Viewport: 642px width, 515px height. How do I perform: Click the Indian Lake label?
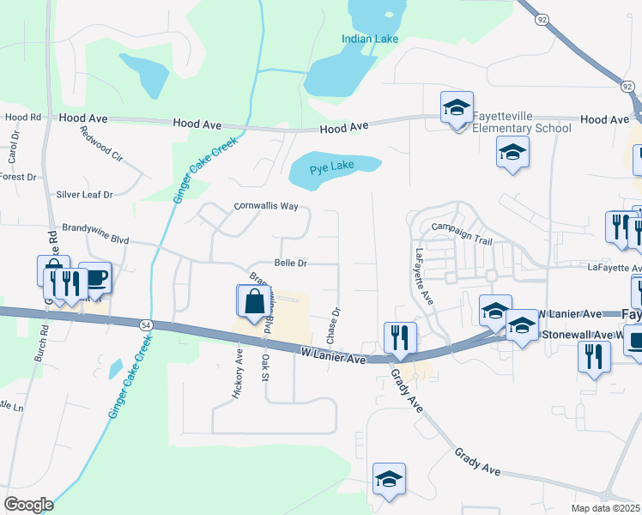369,39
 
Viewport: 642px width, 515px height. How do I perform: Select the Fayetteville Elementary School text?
521,122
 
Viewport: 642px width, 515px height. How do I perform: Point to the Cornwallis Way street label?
266,207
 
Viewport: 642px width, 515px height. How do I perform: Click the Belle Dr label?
290,263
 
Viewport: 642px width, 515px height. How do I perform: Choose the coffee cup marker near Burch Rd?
94,278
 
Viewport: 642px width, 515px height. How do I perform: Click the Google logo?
28,505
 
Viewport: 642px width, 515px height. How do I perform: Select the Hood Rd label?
23,117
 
